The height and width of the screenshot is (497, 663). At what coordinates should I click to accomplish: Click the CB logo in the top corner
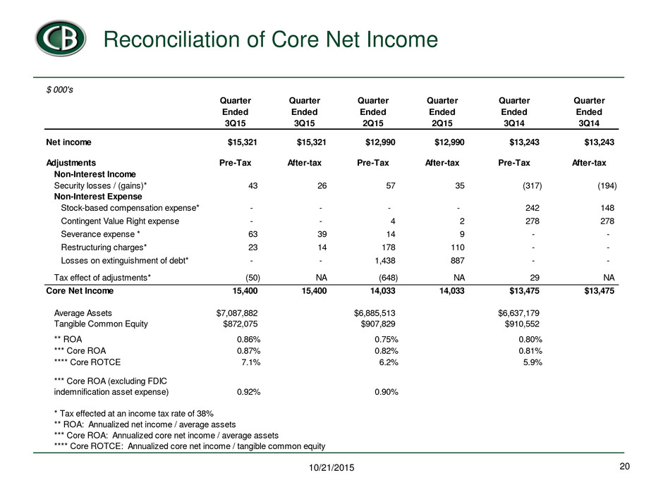[61, 38]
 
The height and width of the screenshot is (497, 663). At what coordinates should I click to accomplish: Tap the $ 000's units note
[60, 90]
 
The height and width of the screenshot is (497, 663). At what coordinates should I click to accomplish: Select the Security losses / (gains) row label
[100, 185]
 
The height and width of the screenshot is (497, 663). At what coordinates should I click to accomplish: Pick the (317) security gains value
[532, 185]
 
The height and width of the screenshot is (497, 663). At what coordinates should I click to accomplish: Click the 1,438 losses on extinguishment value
[385, 261]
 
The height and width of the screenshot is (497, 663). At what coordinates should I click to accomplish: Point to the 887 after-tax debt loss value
[458, 261]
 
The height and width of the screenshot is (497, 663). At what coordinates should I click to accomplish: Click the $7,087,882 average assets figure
[237, 313]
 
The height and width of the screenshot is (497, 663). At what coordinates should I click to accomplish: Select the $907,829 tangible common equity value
[378, 324]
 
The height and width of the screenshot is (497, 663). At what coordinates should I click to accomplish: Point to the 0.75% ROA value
[387, 339]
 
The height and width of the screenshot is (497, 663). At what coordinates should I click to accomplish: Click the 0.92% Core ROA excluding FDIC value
[248, 392]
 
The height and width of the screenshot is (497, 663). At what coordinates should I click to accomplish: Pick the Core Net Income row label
[80, 290]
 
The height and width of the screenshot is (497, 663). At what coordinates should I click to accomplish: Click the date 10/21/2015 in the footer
[331, 467]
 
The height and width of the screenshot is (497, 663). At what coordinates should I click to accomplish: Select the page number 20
[624, 466]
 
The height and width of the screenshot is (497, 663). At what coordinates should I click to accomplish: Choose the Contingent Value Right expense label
[120, 221]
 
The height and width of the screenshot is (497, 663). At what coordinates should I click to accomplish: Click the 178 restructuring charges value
[388, 247]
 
